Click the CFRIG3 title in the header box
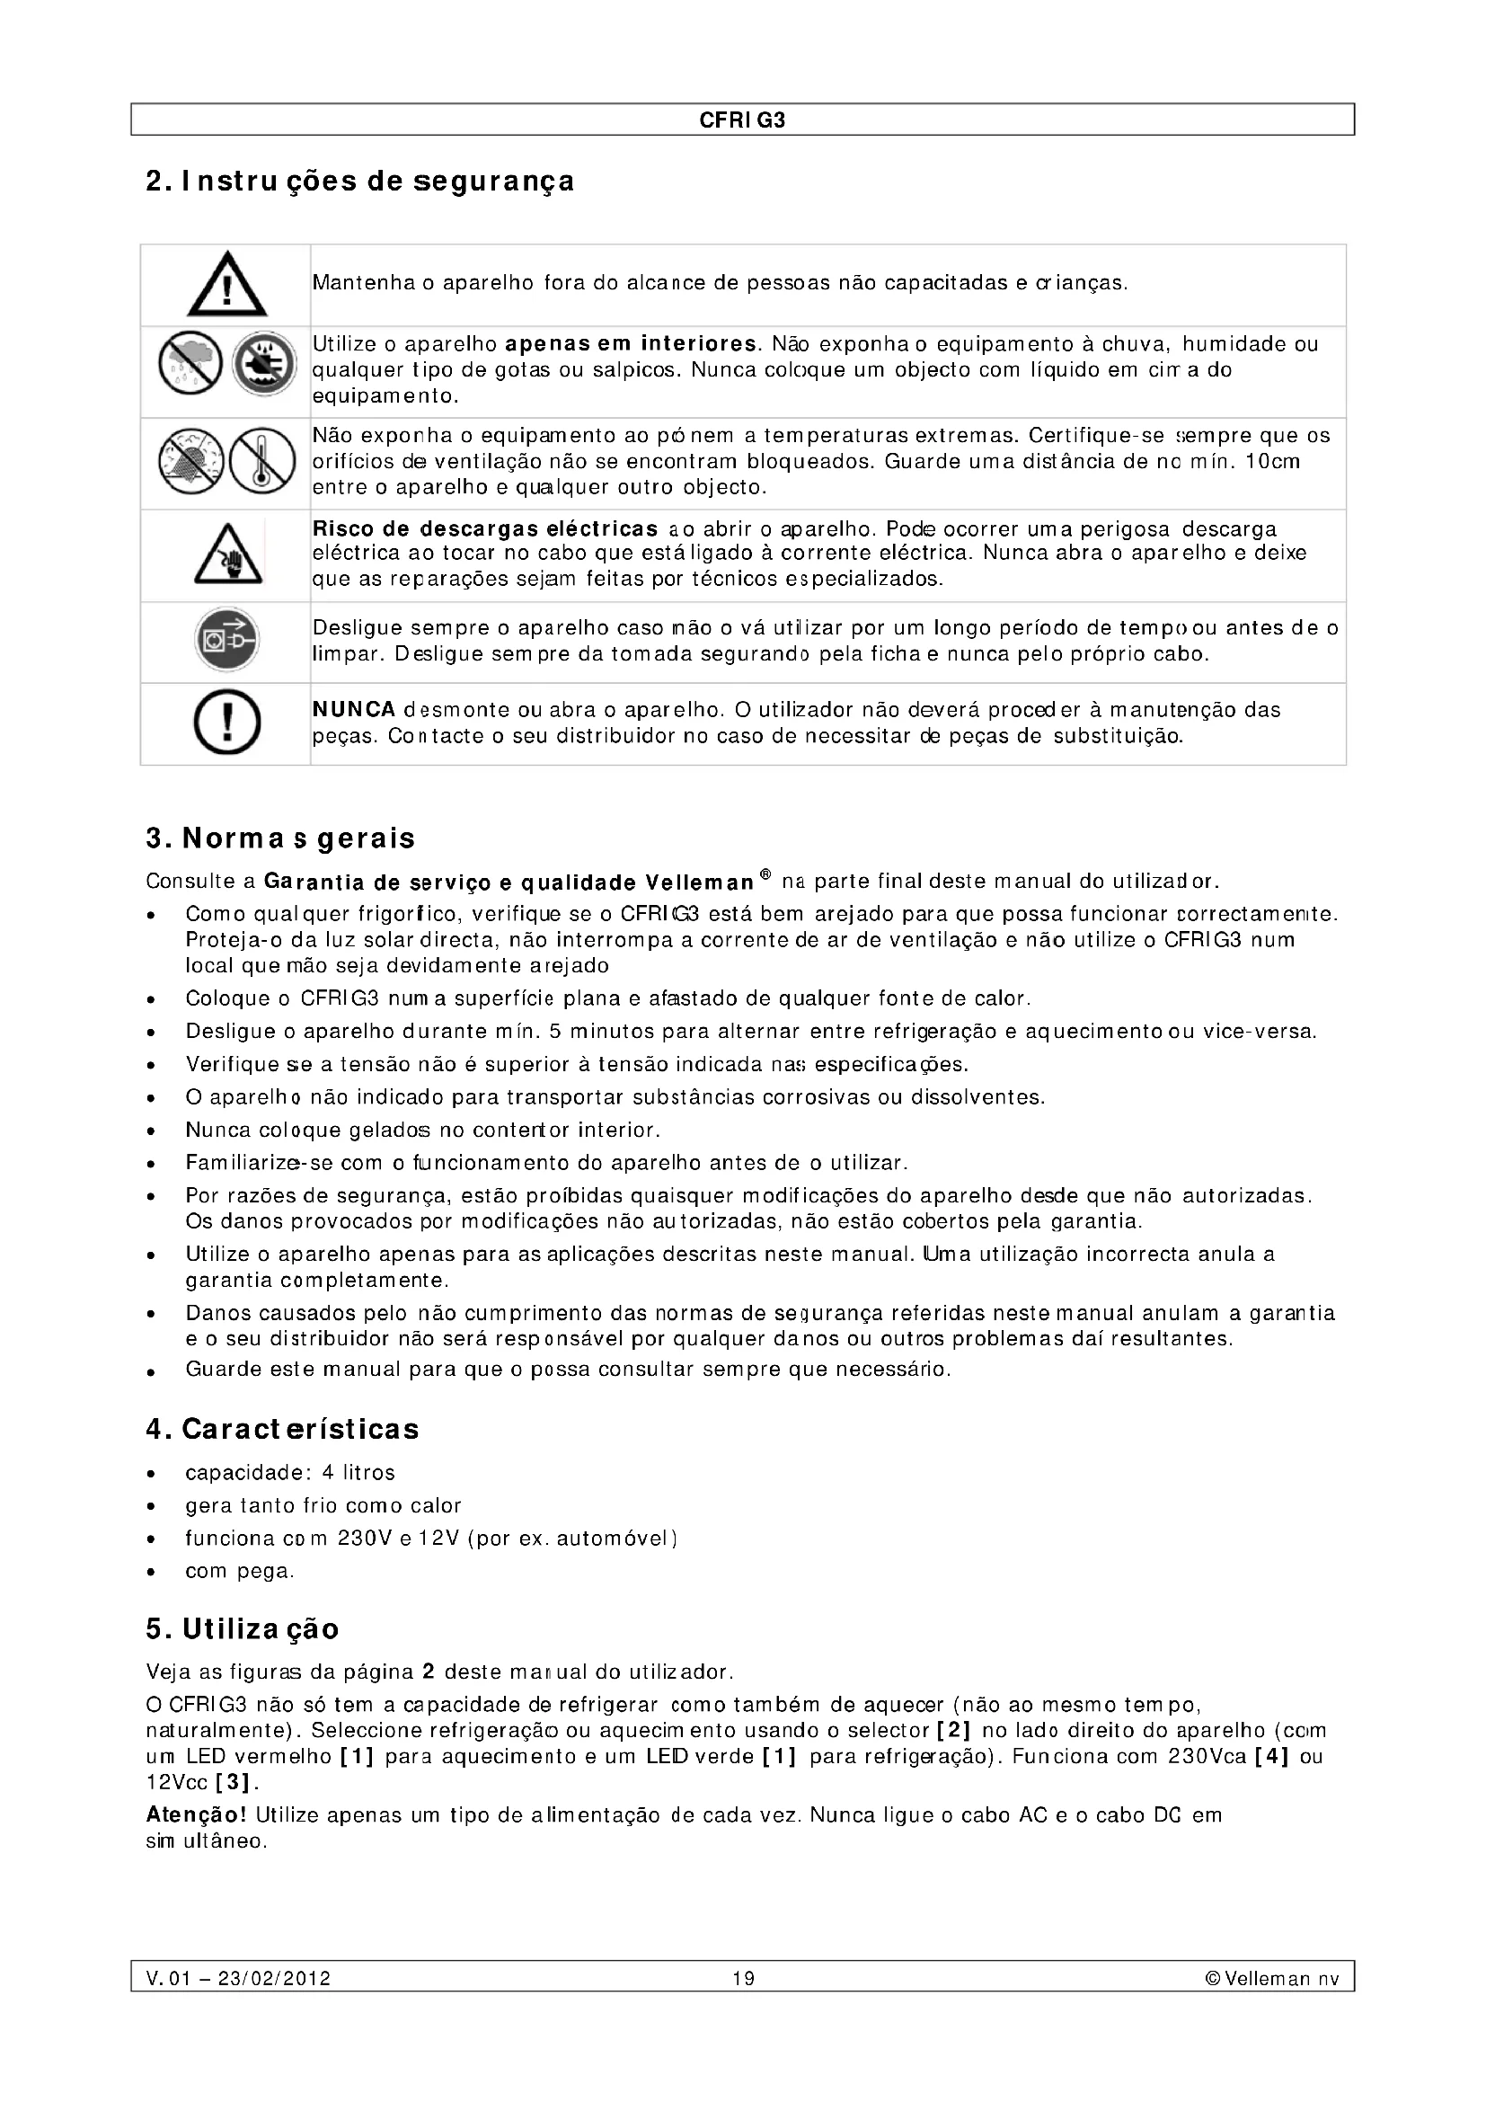[x=742, y=120]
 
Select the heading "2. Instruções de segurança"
[x=359, y=182]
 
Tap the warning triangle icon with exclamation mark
[x=227, y=284]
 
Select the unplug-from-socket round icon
[x=226, y=640]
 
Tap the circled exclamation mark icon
[x=227, y=723]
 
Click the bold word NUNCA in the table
[x=354, y=710]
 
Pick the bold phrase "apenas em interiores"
[x=631, y=344]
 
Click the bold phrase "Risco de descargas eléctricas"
[x=485, y=529]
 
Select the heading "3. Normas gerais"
[x=280, y=838]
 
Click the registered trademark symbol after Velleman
[x=765, y=875]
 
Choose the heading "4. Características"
[x=282, y=1429]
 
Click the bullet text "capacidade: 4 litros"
[x=290, y=1473]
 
